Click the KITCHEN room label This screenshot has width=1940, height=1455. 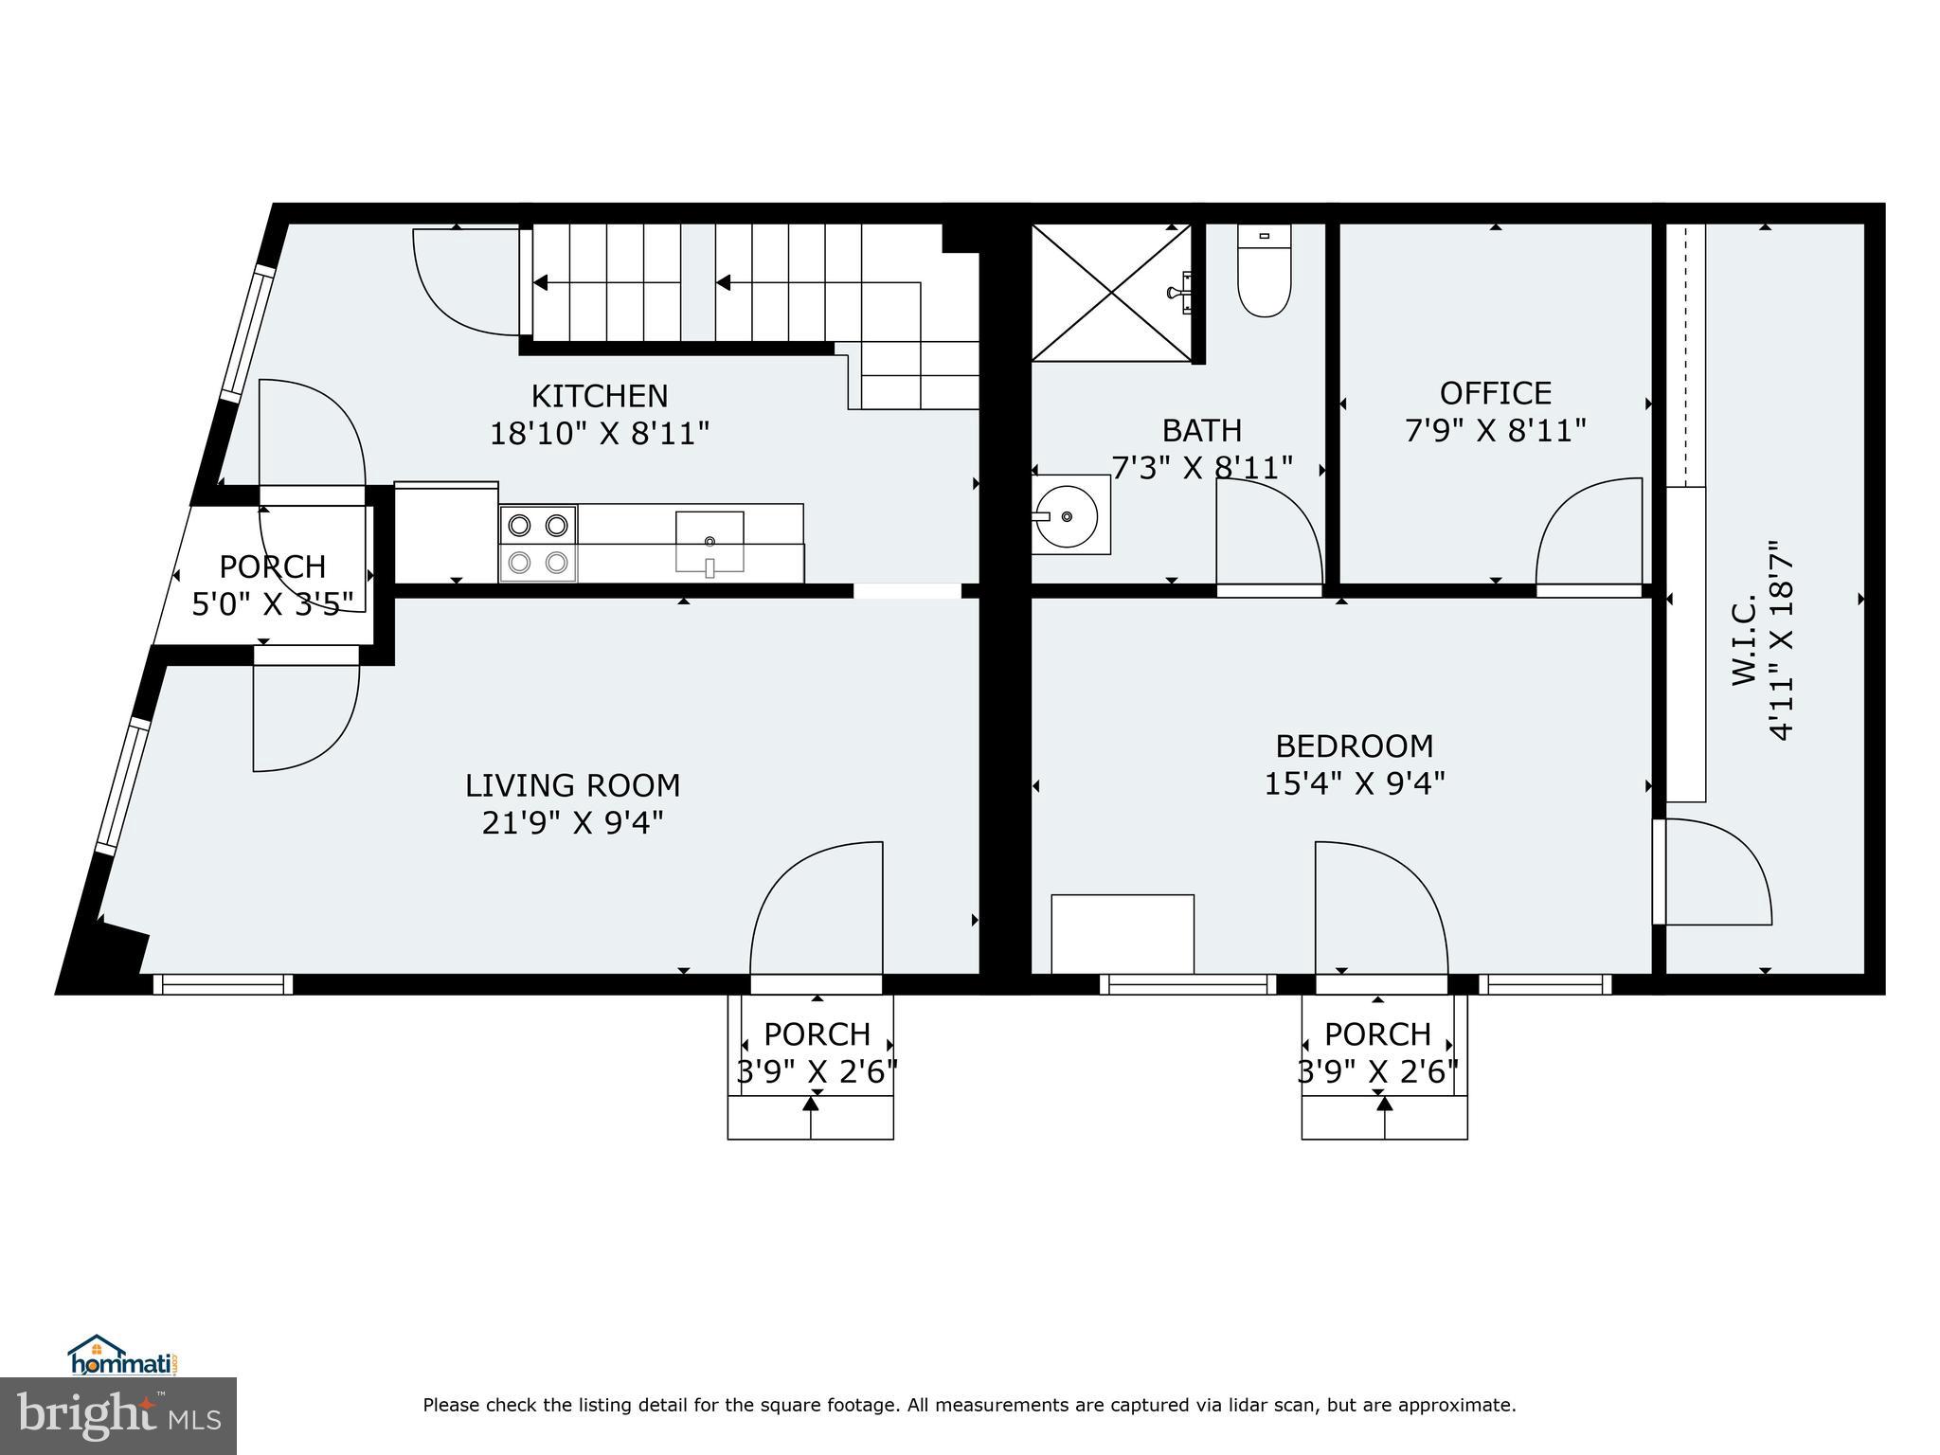coord(599,396)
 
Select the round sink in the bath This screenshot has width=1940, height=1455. coord(1068,516)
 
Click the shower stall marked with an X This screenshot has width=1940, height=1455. coord(1110,292)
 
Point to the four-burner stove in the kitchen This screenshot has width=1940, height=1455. coord(538,544)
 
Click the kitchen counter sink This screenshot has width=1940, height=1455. coord(709,541)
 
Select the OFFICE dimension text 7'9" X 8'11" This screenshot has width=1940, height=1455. coord(1495,431)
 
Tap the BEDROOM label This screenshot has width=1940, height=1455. coord(1354,746)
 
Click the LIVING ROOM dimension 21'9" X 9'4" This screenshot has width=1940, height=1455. coord(572,822)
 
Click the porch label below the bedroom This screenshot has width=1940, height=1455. coord(1377,1033)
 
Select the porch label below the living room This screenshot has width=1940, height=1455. coord(817,1033)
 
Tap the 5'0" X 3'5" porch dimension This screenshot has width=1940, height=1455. coord(273,603)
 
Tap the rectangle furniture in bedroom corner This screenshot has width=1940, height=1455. coord(1123,933)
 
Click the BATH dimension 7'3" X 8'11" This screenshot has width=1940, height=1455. coord(1201,468)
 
